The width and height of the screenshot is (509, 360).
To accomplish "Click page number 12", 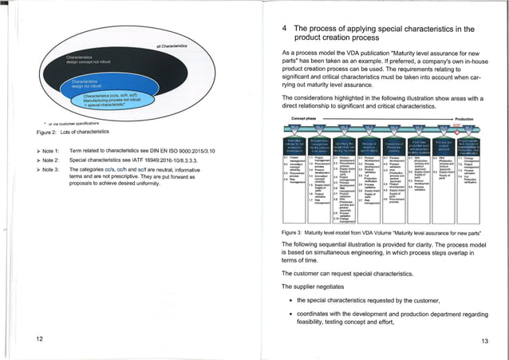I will coord(39,338).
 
